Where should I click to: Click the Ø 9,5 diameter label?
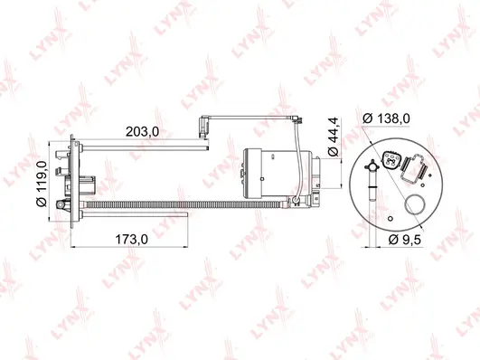(405, 240)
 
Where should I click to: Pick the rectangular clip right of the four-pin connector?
(419, 168)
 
